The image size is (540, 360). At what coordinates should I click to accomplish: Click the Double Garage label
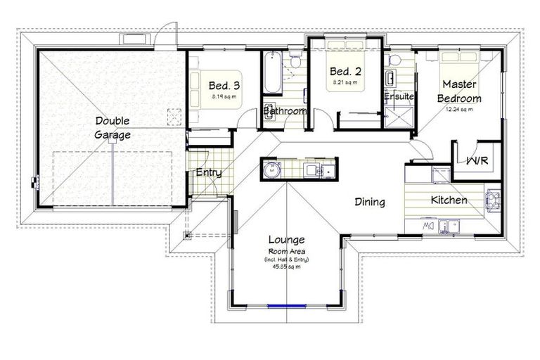[113, 128]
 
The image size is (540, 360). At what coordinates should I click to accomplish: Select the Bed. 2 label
[345, 72]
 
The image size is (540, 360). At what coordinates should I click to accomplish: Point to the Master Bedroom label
[461, 92]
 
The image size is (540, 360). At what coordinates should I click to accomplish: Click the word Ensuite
[399, 96]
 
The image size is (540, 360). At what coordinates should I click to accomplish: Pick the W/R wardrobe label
[478, 161]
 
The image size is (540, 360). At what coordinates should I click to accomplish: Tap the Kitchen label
[449, 200]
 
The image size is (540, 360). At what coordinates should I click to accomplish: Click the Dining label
[369, 202]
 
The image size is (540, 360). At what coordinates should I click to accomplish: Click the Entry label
[209, 172]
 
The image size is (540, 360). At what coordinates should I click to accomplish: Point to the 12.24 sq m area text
[459, 109]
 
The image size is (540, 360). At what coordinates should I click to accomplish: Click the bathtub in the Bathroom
[273, 72]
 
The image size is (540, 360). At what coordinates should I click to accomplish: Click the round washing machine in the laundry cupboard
[271, 169]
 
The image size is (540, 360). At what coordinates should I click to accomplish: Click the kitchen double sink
[449, 226]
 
